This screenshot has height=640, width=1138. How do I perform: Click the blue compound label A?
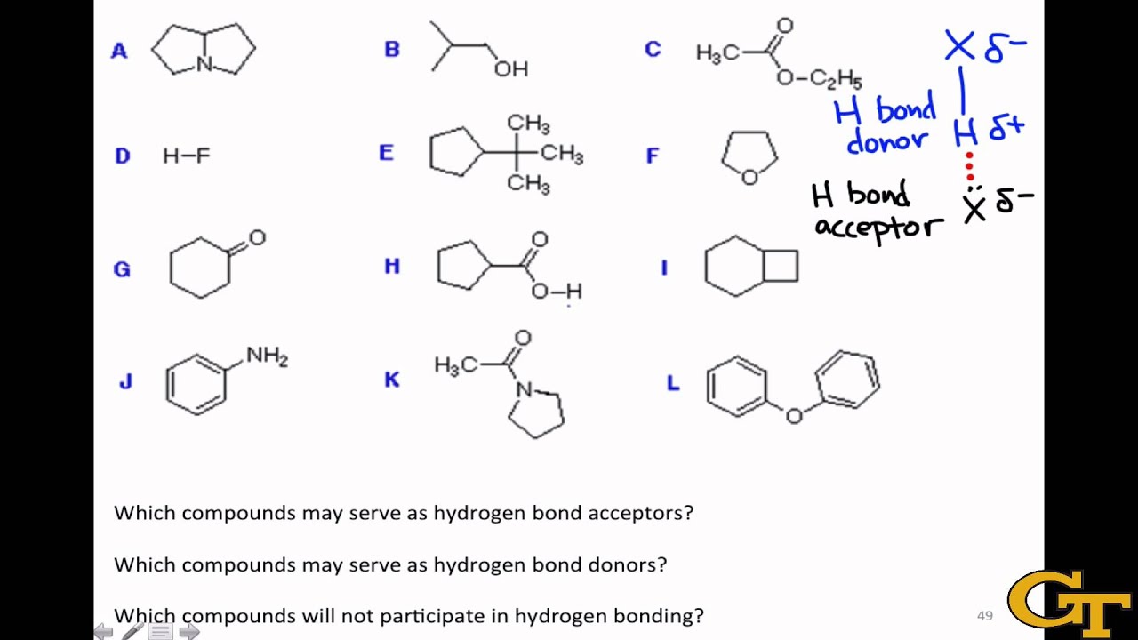(119, 51)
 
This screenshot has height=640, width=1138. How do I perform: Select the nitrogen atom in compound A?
(204, 64)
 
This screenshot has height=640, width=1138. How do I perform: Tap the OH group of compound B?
(511, 69)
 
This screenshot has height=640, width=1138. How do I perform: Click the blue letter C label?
(653, 49)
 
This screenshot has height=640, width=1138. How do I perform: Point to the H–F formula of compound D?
(187, 156)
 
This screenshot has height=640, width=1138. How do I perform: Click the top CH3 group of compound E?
(528, 124)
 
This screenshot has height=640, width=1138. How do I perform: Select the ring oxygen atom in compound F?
(749, 177)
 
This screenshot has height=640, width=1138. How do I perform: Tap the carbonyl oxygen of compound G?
(258, 237)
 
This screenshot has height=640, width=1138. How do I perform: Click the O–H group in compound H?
(557, 291)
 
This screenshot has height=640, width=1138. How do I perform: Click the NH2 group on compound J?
(268, 356)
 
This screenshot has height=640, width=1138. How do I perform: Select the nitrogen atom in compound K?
(525, 389)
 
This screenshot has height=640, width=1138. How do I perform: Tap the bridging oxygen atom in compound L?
(794, 416)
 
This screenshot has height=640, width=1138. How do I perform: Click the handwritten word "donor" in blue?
(887, 140)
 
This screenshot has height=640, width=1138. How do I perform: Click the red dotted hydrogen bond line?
(969, 166)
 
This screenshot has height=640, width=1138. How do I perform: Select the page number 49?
(984, 616)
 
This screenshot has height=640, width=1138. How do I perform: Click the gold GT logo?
(1070, 604)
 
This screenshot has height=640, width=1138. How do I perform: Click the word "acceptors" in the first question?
(641, 513)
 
